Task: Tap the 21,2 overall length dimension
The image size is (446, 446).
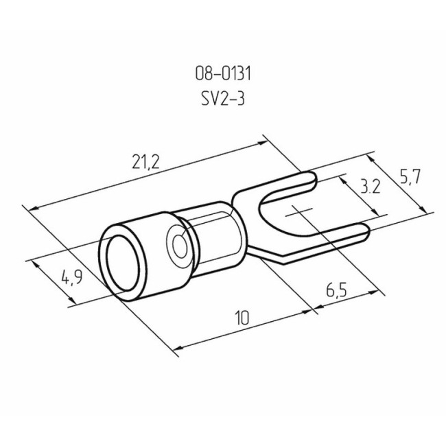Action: pos(145,162)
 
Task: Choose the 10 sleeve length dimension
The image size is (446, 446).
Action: pos(241,318)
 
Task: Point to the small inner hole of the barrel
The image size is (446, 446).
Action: pos(181,243)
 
